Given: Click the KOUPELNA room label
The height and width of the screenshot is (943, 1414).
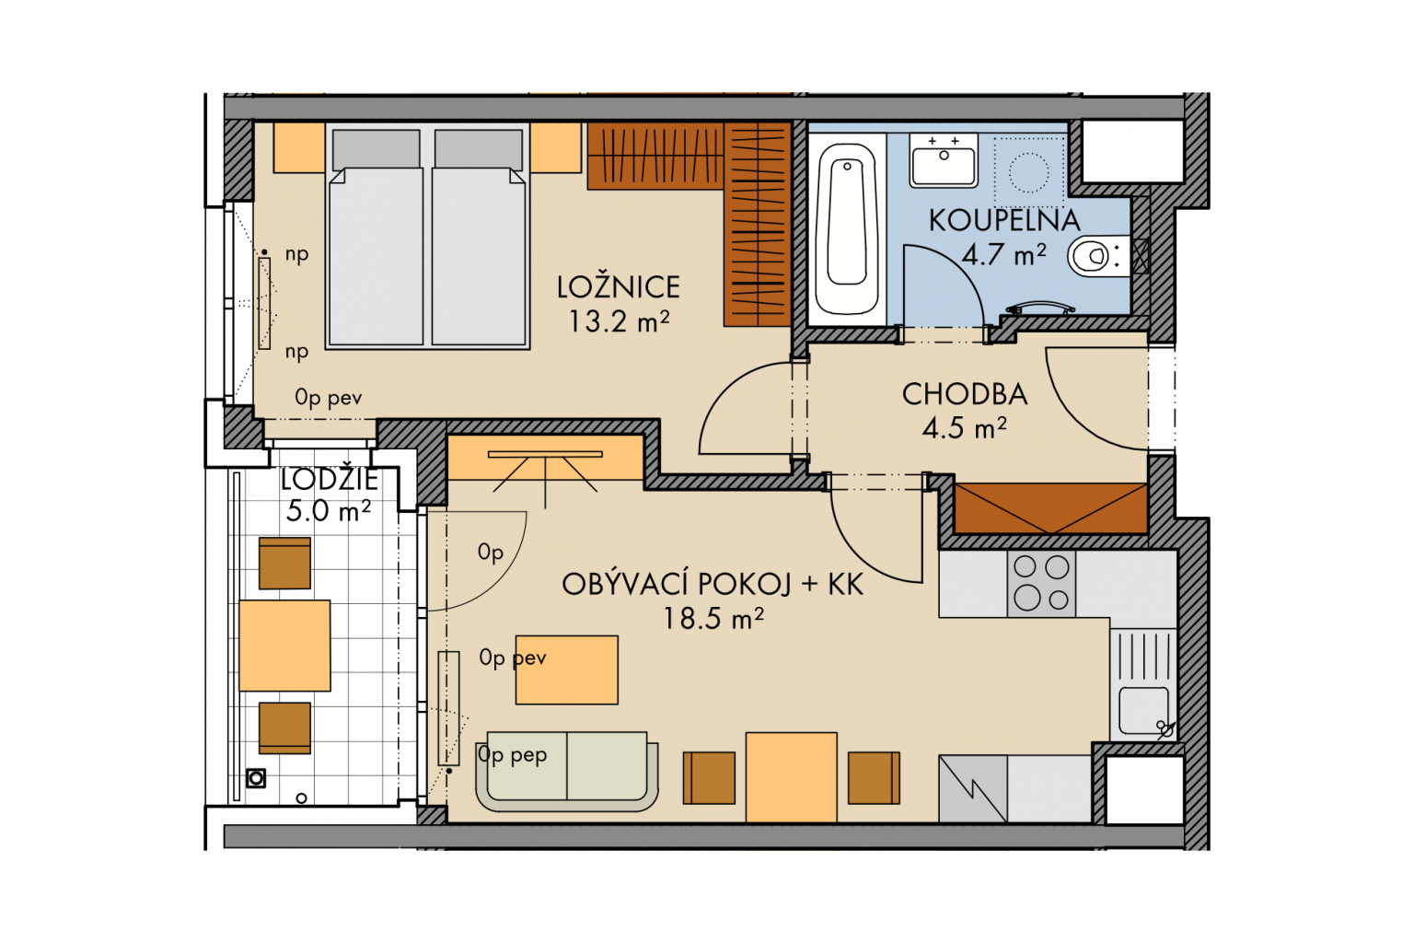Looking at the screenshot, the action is [x=1004, y=220].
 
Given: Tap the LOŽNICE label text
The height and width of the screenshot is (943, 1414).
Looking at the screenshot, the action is [x=618, y=287].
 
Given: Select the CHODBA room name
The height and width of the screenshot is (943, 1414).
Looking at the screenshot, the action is [x=965, y=395].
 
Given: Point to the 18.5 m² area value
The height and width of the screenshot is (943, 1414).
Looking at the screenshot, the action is [x=713, y=618].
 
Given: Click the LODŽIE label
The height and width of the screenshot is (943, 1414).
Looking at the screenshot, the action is [x=329, y=480].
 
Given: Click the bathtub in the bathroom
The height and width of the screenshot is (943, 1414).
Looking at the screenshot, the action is [x=847, y=229].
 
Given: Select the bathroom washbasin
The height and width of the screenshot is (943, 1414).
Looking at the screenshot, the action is [x=944, y=160].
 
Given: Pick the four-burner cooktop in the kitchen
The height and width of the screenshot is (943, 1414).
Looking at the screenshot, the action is [x=1041, y=583].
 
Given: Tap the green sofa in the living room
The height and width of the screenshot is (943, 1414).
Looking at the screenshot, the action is [x=567, y=771].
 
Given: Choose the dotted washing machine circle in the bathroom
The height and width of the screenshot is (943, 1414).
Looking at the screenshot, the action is [x=1028, y=172].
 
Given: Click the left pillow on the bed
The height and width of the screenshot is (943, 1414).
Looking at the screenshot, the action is [x=377, y=149].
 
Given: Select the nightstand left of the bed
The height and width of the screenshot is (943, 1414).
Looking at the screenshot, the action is [x=299, y=147].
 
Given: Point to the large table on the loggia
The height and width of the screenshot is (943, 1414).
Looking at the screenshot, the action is [x=284, y=646].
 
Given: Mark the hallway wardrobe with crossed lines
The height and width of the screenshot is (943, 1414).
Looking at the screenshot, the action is [x=1051, y=508].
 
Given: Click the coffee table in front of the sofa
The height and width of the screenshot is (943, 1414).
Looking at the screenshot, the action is [x=567, y=670].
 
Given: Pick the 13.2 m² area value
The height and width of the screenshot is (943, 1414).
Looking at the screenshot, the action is [x=619, y=321].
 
